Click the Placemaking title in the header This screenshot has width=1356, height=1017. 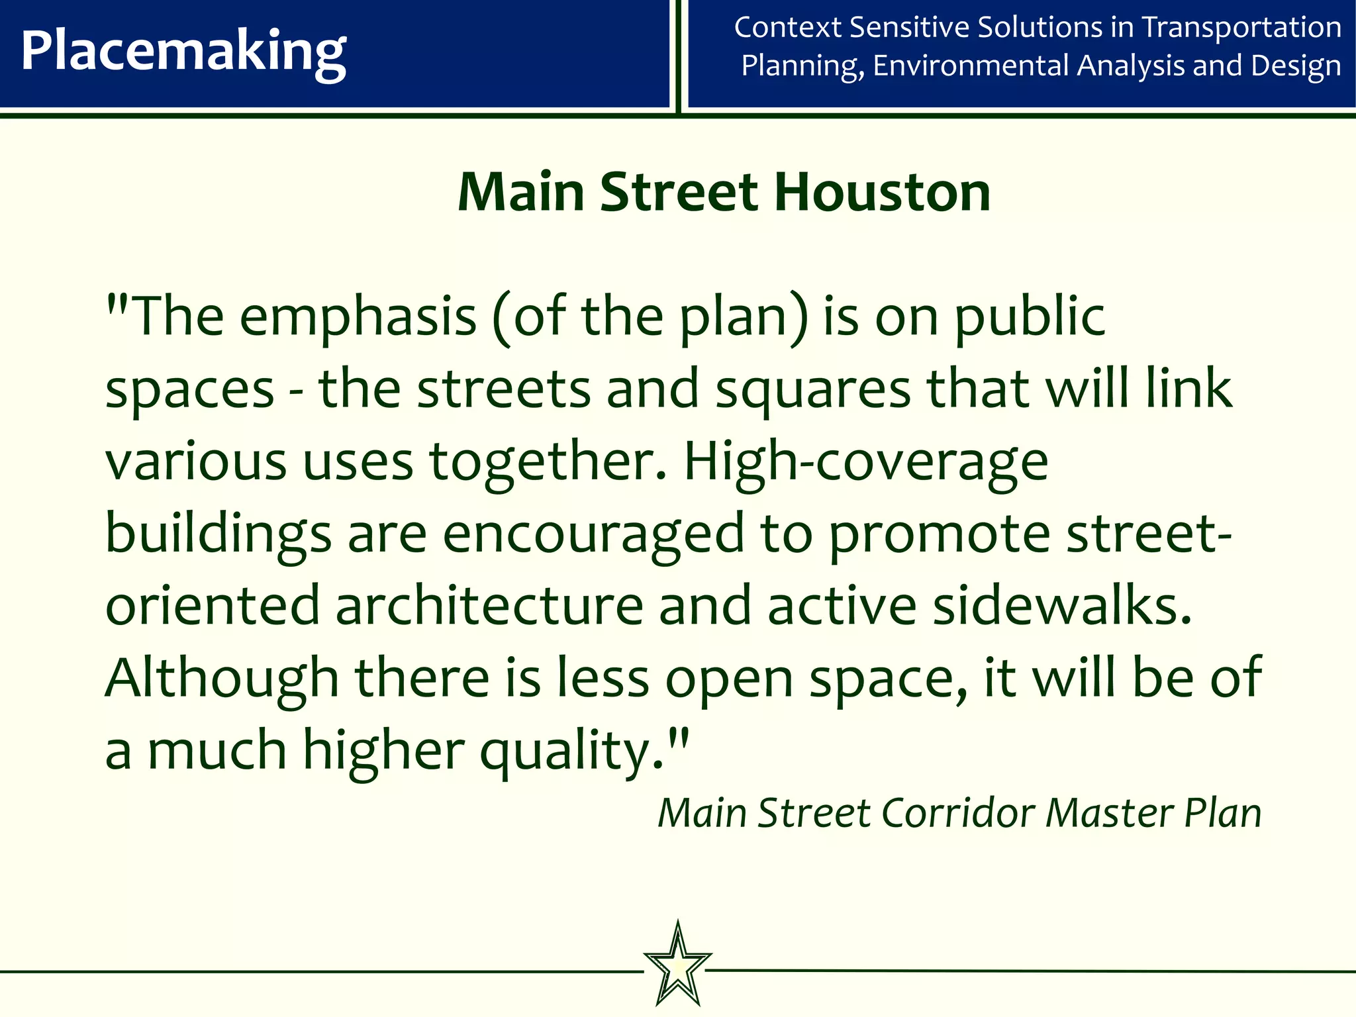[x=183, y=52]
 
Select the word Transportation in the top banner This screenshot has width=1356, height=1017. [x=1241, y=28]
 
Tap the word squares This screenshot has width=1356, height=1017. [x=813, y=389]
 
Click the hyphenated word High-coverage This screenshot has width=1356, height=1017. [x=865, y=461]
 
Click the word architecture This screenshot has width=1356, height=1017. [x=489, y=606]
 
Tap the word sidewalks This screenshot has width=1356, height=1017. [x=1062, y=606]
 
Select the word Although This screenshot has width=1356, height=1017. [x=222, y=678]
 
